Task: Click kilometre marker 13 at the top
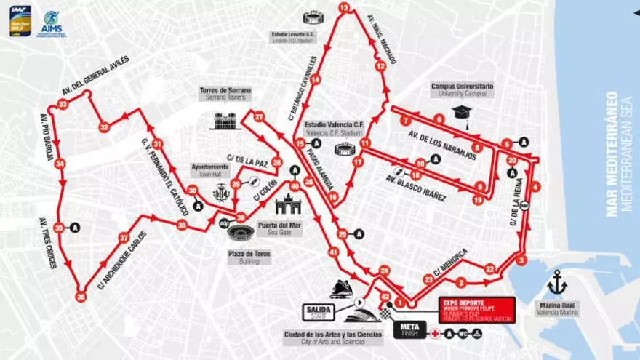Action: tap(343, 8)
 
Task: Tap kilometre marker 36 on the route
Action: tap(81, 296)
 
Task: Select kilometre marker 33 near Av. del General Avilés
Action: tap(63, 105)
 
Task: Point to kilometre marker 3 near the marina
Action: tap(521, 260)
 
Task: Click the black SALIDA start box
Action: tap(319, 312)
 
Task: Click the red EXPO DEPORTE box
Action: tap(476, 308)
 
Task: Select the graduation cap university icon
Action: tap(461, 112)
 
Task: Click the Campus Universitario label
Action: tap(462, 89)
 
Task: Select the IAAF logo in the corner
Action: tap(20, 21)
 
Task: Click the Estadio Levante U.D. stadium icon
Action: tap(313, 17)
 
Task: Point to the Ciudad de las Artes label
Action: tap(332, 335)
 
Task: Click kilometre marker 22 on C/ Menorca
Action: tap(489, 269)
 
